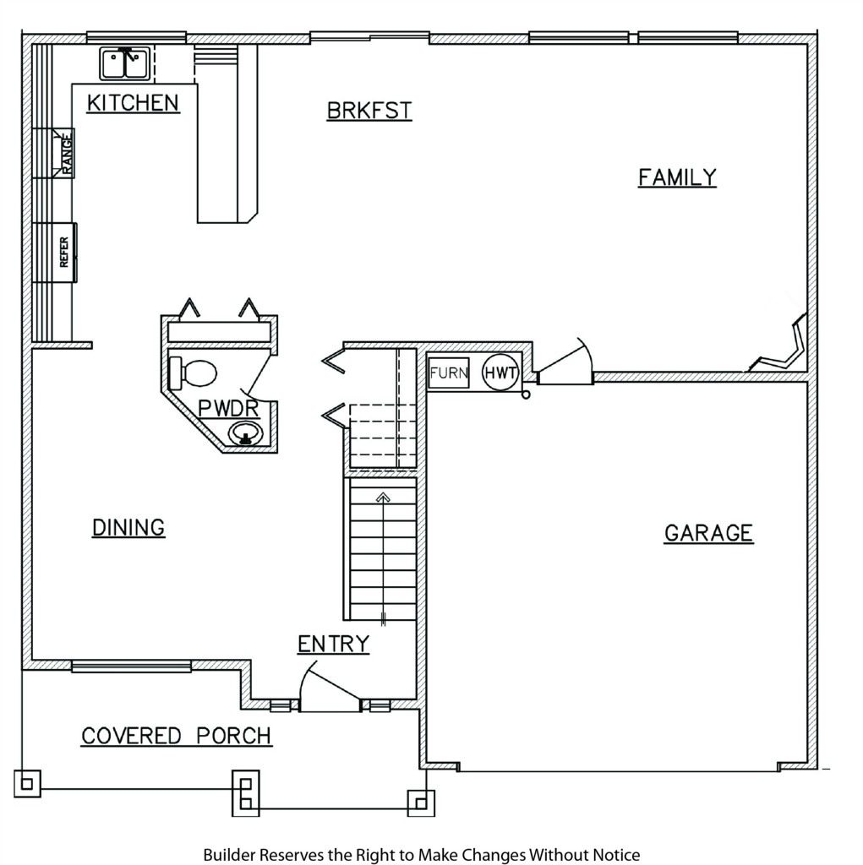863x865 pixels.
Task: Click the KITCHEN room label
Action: click(133, 103)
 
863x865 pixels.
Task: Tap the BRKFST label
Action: click(369, 111)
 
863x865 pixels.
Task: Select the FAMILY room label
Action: click(678, 177)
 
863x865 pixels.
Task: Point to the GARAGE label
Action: click(709, 533)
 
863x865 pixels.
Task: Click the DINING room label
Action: click(128, 527)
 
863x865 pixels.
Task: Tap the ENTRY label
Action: click(334, 644)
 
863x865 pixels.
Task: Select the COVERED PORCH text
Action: click(177, 736)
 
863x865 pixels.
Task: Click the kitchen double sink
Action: click(125, 63)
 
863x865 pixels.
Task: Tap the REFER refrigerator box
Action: click(64, 252)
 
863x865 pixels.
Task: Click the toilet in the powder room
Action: click(193, 373)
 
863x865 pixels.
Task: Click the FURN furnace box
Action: click(449, 373)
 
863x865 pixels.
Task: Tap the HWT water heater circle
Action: click(500, 373)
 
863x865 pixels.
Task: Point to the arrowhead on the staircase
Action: click(383, 498)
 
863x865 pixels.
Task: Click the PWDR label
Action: click(228, 409)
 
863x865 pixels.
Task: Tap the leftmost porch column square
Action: click(27, 783)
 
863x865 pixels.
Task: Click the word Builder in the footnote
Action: click(230, 855)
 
